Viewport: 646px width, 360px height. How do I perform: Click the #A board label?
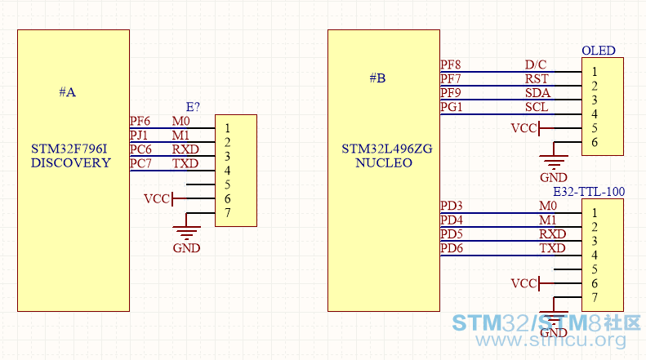pyautogui.click(x=68, y=92)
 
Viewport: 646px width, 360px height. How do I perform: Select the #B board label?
pyautogui.click(x=377, y=78)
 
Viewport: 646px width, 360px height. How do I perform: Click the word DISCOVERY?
pyautogui.click(x=71, y=162)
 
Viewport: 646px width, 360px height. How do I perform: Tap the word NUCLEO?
pyautogui.click(x=384, y=162)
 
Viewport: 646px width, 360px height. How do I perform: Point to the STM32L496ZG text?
pyautogui.click(x=387, y=149)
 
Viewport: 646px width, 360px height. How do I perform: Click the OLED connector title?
pyautogui.click(x=598, y=51)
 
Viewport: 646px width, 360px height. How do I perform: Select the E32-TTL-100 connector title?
pyautogui.click(x=589, y=192)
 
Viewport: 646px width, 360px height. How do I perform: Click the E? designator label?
pyautogui.click(x=193, y=107)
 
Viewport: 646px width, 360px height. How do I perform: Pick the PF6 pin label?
pyautogui.click(x=140, y=121)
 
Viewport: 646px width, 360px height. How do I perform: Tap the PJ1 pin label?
pyautogui.click(x=139, y=136)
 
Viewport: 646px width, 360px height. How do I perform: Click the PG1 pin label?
pyautogui.click(x=451, y=107)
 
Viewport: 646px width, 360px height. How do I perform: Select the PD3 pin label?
pyautogui.click(x=451, y=206)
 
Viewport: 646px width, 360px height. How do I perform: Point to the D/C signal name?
pyautogui.click(x=536, y=64)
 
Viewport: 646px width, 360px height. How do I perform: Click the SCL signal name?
pyautogui.click(x=537, y=107)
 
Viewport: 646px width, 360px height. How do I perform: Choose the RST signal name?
pyautogui.click(x=537, y=78)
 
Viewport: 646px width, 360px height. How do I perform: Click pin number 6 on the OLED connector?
pyautogui.click(x=595, y=142)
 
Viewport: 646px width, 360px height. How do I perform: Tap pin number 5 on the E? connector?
pyautogui.click(x=227, y=184)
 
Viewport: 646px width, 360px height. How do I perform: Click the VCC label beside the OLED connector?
pyautogui.click(x=524, y=128)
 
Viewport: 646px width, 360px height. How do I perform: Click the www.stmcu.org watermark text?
pyautogui.click(x=550, y=340)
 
